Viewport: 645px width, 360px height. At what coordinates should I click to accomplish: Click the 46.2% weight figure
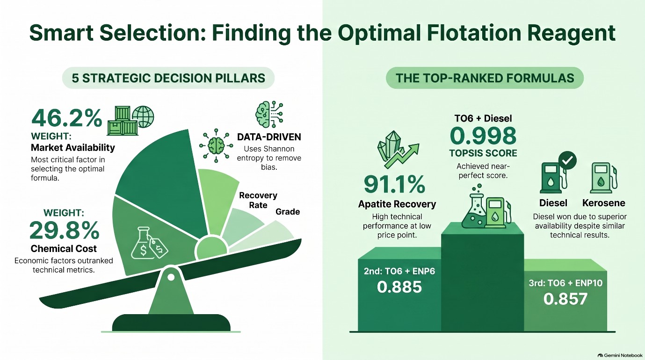tap(66, 118)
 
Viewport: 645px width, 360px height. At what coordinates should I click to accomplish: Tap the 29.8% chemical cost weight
tap(65, 230)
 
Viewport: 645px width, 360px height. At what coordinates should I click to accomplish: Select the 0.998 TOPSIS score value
tap(483, 136)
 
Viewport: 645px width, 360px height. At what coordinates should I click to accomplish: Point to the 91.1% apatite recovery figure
tap(394, 185)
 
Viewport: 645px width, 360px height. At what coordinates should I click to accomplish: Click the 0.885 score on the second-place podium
tap(399, 287)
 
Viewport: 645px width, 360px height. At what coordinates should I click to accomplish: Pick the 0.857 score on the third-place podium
tap(565, 299)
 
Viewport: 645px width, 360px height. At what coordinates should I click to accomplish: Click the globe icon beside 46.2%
tap(143, 117)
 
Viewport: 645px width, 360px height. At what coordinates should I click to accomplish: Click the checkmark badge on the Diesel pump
tap(567, 160)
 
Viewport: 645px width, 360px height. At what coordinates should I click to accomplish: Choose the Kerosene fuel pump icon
tap(603, 178)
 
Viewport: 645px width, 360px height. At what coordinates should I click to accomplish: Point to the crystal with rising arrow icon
tap(398, 150)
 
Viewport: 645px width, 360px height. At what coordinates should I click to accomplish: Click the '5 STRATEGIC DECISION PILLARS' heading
tap(168, 78)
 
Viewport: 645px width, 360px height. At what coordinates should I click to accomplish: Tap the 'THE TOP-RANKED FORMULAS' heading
tap(485, 78)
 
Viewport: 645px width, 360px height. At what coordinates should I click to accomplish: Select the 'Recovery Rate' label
tap(258, 200)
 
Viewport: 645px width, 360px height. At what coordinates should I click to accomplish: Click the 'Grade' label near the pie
tap(288, 212)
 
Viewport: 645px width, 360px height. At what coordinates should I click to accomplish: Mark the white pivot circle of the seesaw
tap(171, 277)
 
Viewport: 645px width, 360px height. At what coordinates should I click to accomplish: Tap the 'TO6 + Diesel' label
tap(483, 118)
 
